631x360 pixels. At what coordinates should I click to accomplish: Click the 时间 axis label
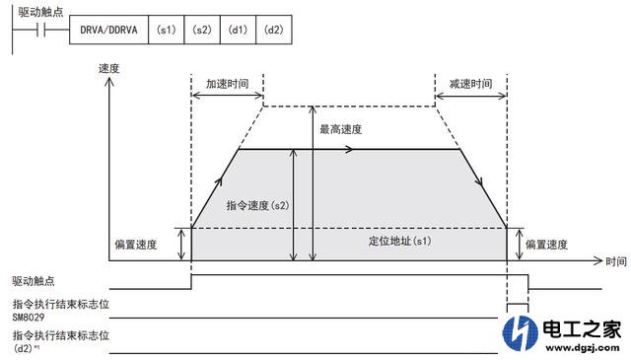point(616,262)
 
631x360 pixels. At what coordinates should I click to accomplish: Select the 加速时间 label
point(226,85)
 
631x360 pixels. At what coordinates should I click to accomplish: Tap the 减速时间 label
point(469,85)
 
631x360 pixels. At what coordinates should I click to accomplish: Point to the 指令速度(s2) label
point(256,206)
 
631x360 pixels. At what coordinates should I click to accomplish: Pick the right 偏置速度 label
point(547,243)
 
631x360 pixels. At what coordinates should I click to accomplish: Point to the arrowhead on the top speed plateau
point(351,150)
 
